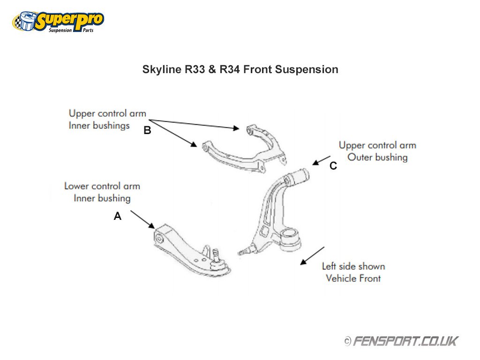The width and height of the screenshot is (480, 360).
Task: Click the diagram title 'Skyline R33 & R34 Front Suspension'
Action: coord(240,70)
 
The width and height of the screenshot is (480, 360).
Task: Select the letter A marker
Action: coord(118,217)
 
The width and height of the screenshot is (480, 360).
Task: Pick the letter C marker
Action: coord(333,166)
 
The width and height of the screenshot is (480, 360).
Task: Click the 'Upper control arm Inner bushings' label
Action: coord(107,119)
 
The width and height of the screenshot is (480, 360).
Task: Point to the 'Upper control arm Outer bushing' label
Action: coord(377,151)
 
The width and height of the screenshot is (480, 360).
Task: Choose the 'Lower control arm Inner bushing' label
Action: coord(102,192)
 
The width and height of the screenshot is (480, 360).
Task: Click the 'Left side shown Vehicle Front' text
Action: coord(353,272)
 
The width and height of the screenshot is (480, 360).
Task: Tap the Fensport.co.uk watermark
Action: coord(405,341)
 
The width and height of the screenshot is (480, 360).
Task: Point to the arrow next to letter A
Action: coord(142,219)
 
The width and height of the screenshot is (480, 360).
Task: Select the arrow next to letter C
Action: coord(322,160)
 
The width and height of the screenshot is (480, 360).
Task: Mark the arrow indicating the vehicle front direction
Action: coord(312,255)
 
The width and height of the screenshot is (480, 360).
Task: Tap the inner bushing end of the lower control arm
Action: coord(160,237)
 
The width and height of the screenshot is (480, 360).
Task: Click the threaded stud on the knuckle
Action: coord(244,252)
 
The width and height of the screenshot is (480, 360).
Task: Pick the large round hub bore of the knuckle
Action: coord(292,234)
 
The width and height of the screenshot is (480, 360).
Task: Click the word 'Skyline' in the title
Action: coord(160,70)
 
